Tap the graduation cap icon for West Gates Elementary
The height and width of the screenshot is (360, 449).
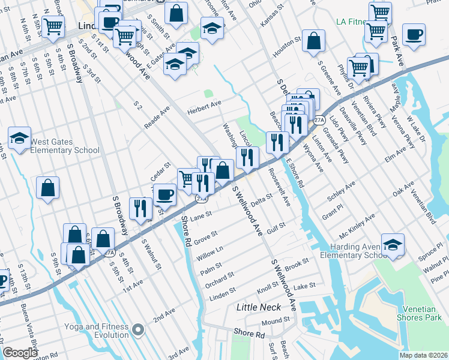[19, 138]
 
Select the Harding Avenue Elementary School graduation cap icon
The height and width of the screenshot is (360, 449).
[393, 244]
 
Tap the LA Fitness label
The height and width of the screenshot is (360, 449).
[351, 22]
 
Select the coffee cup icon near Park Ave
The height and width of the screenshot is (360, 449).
[413, 34]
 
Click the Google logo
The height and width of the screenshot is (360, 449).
[20, 352]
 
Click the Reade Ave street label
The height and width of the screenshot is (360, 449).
[157, 117]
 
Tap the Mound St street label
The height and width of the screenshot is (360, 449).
[276, 321]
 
